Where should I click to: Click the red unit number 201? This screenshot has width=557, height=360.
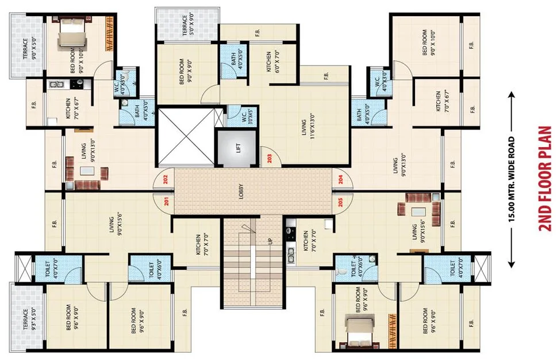tap(166, 201)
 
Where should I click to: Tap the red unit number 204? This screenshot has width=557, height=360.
tap(340, 179)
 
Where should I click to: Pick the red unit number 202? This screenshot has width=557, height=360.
tap(166, 179)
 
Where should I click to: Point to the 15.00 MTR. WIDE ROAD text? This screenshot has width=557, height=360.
tap(511, 179)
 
